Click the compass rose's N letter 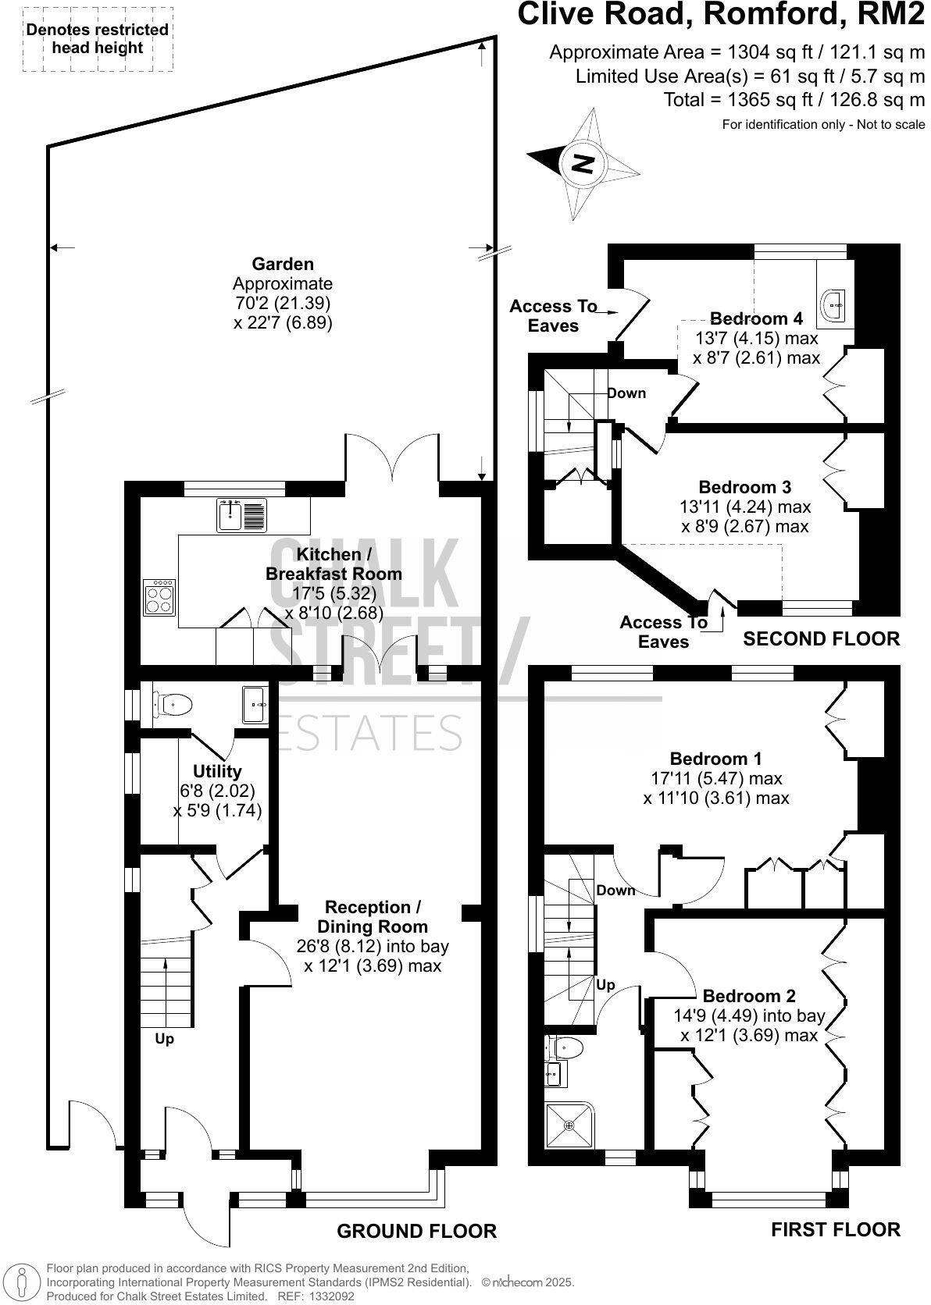click(x=583, y=164)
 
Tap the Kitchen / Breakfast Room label click(x=334, y=564)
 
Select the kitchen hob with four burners click(x=159, y=598)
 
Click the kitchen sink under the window click(x=230, y=516)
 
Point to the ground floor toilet click(x=173, y=705)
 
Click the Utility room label click(x=217, y=771)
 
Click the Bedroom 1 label click(x=715, y=759)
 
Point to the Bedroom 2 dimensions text click(x=748, y=1026)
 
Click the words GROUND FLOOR click(x=416, y=1231)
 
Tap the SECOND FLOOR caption click(x=820, y=638)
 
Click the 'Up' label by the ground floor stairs click(x=164, y=1040)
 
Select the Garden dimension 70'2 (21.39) click(x=283, y=303)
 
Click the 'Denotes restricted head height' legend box click(x=98, y=39)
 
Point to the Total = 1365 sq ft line click(x=794, y=100)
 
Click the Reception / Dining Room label click(x=373, y=916)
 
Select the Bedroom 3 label click(x=744, y=487)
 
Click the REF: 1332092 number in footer click(x=309, y=1296)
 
